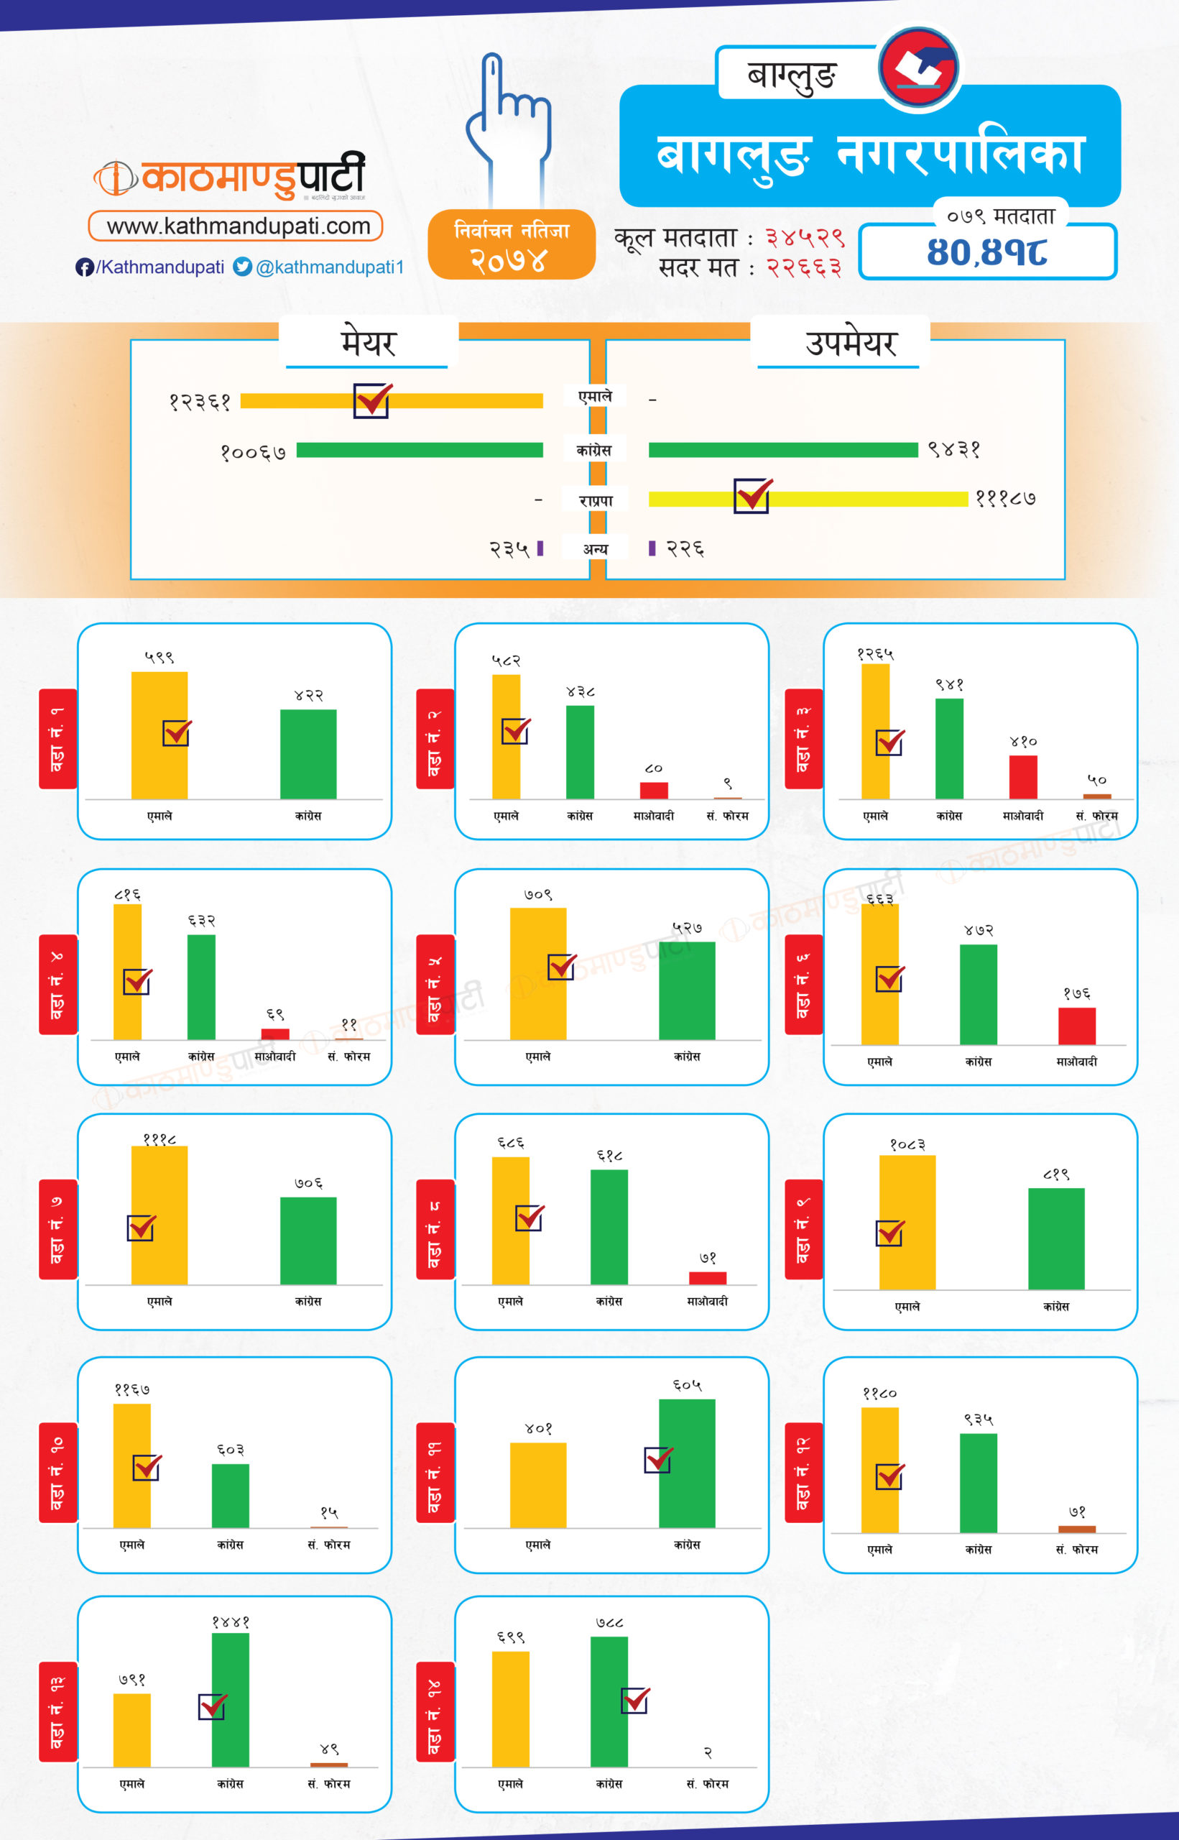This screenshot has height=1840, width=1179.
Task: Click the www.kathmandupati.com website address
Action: point(237,226)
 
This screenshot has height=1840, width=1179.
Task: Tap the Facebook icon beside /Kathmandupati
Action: point(84,267)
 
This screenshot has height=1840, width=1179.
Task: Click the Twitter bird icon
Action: point(243,267)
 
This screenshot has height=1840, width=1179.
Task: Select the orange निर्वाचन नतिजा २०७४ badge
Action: point(512,244)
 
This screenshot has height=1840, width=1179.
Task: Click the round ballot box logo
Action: point(918,68)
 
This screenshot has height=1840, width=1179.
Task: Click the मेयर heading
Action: point(369,342)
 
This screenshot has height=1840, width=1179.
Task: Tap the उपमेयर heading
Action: point(851,342)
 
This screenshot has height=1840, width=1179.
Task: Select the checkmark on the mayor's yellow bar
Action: point(372,400)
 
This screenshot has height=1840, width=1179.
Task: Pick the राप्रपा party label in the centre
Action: point(596,501)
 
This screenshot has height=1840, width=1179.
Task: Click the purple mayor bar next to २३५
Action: point(540,548)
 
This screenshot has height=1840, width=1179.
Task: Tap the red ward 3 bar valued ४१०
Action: point(1023,776)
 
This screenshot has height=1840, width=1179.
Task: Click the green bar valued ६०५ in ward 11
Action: point(687,1463)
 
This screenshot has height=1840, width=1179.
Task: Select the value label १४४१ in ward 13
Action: point(231,1621)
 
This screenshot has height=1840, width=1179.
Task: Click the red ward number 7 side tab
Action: point(57,1229)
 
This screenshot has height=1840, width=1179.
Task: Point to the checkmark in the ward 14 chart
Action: point(635,1701)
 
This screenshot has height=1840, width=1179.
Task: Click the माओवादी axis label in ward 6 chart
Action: point(1076,1062)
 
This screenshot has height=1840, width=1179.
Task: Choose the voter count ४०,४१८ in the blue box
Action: point(987,252)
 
